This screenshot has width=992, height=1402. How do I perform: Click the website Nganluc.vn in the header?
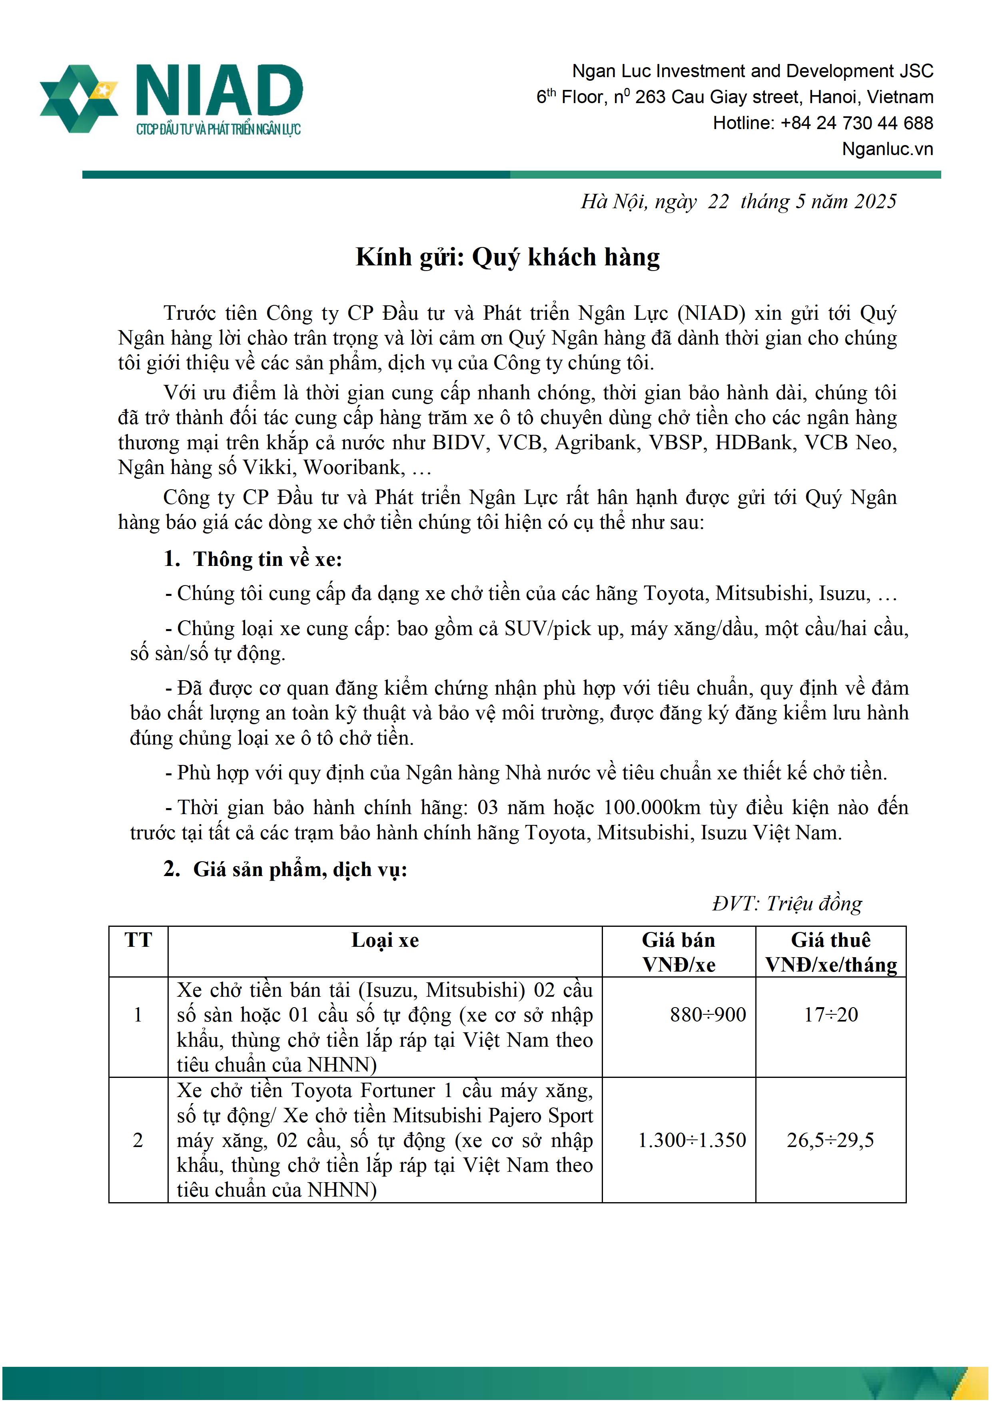[x=887, y=149]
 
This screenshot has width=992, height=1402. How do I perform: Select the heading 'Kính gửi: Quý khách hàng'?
[x=508, y=257]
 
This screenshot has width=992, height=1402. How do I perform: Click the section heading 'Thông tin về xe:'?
[x=267, y=560]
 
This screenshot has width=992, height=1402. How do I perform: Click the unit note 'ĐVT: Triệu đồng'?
[x=787, y=904]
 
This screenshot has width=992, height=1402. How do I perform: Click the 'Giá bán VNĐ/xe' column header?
[x=678, y=952]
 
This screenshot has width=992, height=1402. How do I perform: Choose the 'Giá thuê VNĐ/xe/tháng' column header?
[x=831, y=952]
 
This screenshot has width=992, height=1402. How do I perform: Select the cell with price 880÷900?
[x=707, y=1015]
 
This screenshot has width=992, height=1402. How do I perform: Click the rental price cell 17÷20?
[x=831, y=1015]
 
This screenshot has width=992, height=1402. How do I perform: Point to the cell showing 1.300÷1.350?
[x=691, y=1140]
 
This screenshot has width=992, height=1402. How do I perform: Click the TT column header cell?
[x=138, y=940]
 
